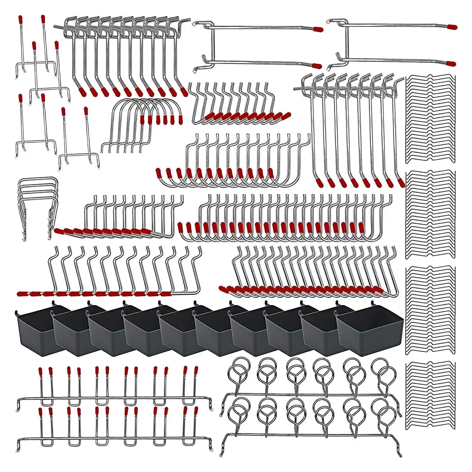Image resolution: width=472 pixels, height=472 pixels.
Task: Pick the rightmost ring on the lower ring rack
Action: (385, 412)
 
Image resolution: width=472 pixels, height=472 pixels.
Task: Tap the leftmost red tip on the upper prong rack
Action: (40, 372)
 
